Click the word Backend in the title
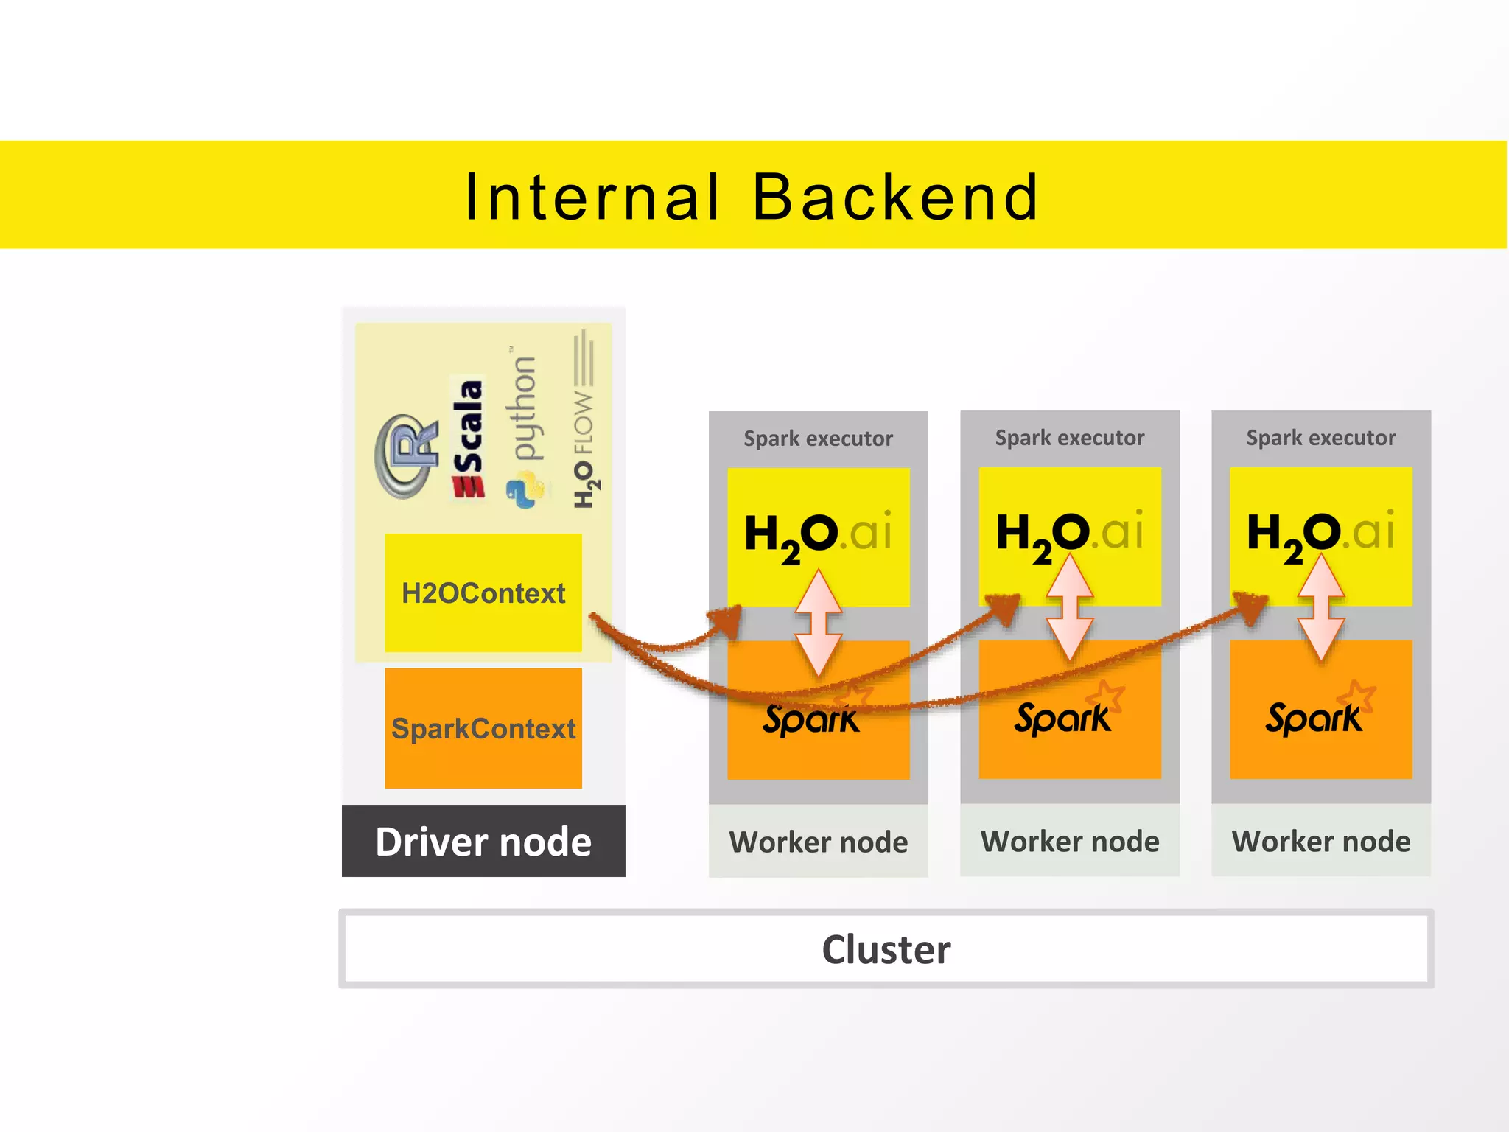point(895,198)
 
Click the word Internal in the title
point(592,198)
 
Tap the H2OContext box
point(483,593)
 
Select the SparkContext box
point(483,728)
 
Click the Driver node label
point(483,842)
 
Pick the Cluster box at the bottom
point(886,949)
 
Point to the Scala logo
point(469,439)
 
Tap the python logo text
point(525,409)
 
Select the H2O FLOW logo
point(584,420)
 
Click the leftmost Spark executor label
point(818,439)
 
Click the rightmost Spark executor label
point(1320,438)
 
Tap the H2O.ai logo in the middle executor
point(1069,532)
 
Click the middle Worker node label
point(1070,842)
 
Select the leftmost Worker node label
point(818,842)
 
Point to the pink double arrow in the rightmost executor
point(1321,608)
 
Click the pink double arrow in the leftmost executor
point(819,623)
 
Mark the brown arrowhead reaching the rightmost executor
point(1253,606)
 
